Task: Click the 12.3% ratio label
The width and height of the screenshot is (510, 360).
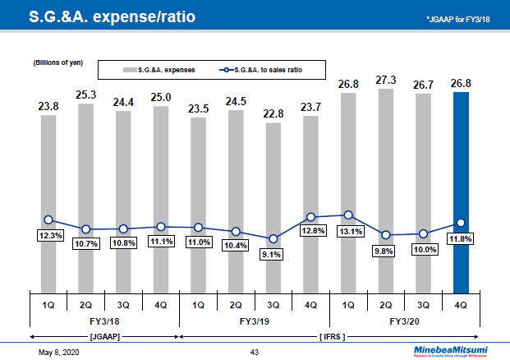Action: click(48, 236)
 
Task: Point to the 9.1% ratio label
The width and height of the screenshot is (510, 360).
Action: click(273, 254)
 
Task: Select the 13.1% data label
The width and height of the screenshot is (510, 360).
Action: click(348, 231)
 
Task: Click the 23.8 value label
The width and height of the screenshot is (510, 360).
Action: click(48, 106)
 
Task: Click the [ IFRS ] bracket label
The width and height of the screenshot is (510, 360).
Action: click(331, 336)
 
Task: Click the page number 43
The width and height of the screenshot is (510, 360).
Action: click(254, 352)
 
